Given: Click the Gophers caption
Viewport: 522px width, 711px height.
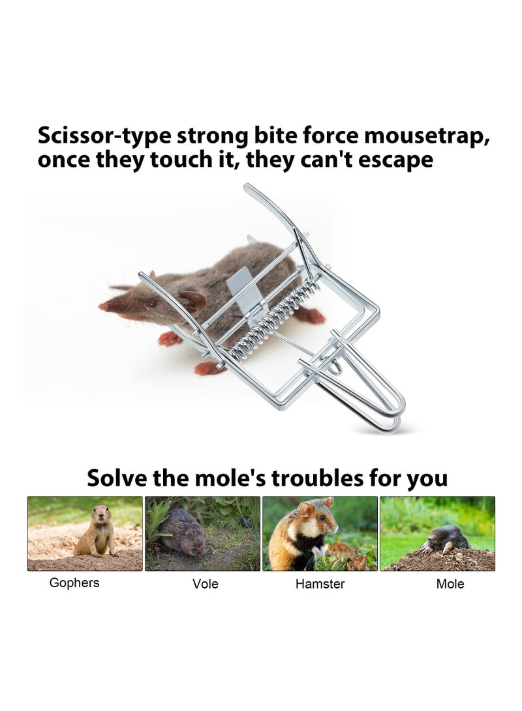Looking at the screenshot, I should click(74, 583).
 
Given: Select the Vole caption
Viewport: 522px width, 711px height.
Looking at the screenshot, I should click(205, 584).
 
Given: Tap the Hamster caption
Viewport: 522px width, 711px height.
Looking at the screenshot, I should click(320, 584).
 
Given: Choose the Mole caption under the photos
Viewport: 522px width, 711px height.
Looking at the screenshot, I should click(450, 584).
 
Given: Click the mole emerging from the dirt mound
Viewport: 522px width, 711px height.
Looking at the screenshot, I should click(448, 538).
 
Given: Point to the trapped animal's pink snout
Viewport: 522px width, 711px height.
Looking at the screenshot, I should click(104, 306).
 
